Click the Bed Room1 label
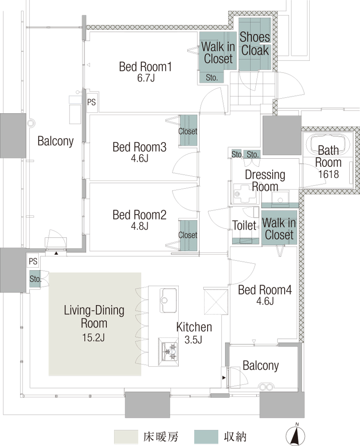145,67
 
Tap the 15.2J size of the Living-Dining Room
94,338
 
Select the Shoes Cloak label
254,44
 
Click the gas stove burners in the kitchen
169,351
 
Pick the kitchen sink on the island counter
168,300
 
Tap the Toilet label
244,225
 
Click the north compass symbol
295,435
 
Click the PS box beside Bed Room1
91,102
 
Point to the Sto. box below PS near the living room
35,279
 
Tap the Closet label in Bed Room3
188,132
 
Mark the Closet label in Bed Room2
188,235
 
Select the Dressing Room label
265,181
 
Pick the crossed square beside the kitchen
216,301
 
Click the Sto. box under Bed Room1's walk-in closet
212,77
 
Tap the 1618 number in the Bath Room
328,174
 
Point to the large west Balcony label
55,141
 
